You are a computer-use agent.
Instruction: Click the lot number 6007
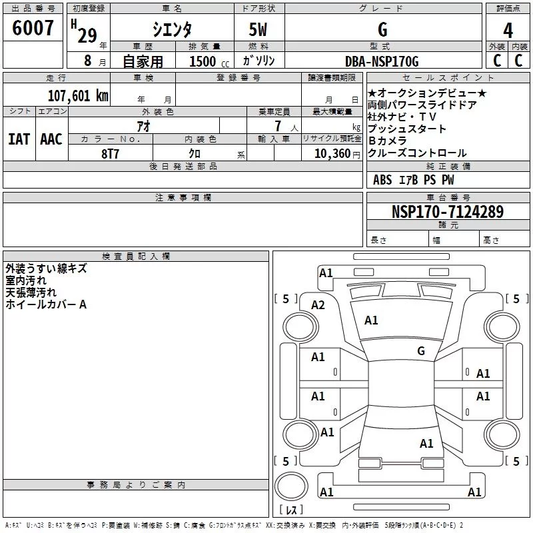point(33,27)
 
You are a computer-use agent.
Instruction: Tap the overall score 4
point(508,31)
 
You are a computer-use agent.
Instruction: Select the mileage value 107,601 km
point(78,95)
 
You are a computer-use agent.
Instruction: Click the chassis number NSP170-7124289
point(448,211)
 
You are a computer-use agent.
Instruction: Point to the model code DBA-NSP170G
point(382,61)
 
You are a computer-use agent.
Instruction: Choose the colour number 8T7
point(110,154)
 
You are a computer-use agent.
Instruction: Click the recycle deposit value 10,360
point(332,153)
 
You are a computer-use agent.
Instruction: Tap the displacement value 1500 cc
point(209,61)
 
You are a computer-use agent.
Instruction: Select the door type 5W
point(258,29)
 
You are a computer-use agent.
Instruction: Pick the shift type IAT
point(19,139)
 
